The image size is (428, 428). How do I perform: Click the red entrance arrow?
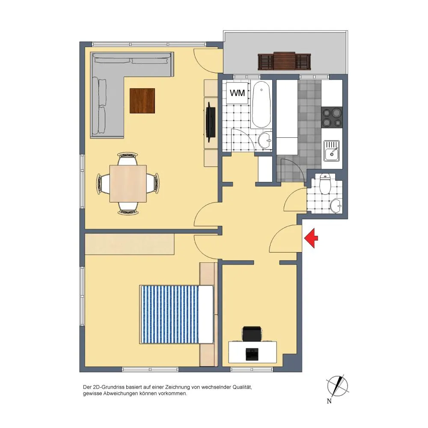[x=311, y=238]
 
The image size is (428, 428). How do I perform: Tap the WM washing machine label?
[x=237, y=93]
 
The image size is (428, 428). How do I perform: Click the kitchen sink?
[x=332, y=151]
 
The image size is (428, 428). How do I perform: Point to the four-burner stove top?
[x=332, y=117]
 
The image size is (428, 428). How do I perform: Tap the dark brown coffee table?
[x=142, y=101]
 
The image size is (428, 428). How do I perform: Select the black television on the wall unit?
[x=211, y=122]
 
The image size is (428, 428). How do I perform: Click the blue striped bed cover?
[x=169, y=314]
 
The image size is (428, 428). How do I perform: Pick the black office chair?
[x=252, y=333]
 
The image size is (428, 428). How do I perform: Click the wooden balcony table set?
[x=284, y=61]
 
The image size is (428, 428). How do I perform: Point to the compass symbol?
[x=338, y=386]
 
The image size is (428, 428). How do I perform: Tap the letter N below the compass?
[x=329, y=401]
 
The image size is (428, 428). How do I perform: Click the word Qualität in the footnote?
[x=242, y=387]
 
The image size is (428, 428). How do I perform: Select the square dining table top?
[x=128, y=184]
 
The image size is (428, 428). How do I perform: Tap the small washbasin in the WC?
[x=336, y=205]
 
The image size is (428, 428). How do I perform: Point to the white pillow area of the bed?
[x=206, y=314]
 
